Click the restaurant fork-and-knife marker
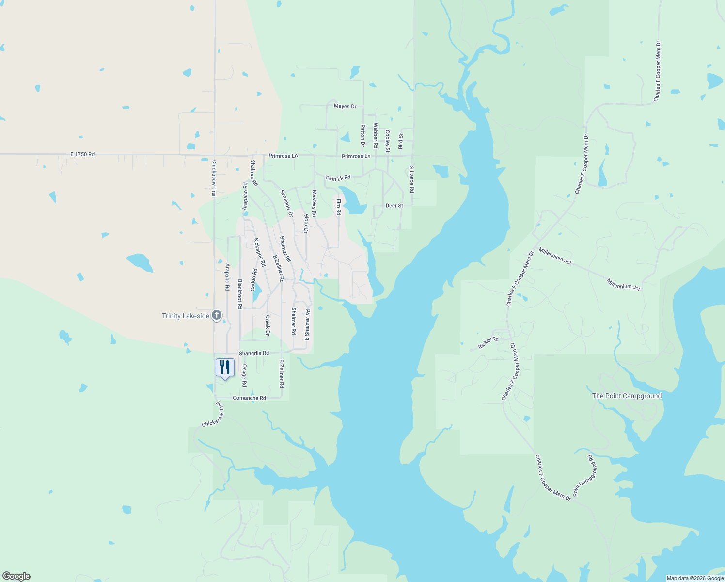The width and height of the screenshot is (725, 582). [225, 368]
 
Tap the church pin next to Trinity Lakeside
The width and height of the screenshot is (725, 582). [217, 316]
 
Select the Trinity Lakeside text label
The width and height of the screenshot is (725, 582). [186, 316]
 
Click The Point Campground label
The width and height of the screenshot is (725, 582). [627, 396]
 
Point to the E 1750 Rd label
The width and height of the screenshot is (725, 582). [82, 154]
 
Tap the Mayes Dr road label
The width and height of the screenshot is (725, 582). [345, 106]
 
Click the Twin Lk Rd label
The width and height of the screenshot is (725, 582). [337, 178]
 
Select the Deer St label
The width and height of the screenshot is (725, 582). [394, 206]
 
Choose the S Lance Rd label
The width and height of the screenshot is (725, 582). [412, 179]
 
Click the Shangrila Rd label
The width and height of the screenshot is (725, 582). [253, 353]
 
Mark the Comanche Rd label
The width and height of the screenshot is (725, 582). [249, 398]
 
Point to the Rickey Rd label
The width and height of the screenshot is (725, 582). [488, 343]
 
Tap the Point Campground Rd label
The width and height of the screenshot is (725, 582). [585, 476]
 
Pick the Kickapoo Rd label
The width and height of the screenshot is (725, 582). [260, 253]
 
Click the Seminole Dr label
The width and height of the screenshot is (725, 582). [286, 203]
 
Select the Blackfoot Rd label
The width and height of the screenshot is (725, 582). [239, 294]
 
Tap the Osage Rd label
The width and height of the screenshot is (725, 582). [244, 375]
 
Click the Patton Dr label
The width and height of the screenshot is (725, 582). [362, 135]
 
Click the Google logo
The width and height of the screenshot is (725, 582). [16, 576]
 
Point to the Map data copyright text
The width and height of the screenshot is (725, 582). [694, 578]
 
